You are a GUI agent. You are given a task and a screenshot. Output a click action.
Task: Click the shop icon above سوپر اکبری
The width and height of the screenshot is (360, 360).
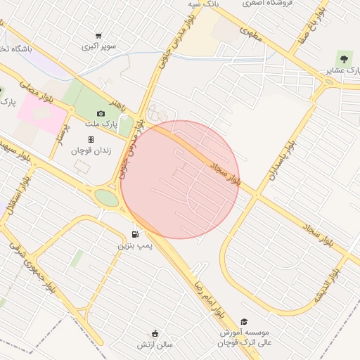pos(98,35)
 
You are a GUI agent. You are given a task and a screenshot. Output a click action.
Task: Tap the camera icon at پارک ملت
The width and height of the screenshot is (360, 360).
pos(101,113)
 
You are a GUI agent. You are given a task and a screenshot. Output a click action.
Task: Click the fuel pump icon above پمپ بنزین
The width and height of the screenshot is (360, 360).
pos(134,234)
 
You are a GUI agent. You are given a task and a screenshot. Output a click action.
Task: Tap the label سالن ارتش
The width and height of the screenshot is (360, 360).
pos(155,344)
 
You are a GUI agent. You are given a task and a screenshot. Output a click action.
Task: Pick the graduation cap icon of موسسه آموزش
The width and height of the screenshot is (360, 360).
pos(243,321)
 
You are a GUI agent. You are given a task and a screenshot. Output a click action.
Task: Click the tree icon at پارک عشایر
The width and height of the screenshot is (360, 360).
pos(343,57)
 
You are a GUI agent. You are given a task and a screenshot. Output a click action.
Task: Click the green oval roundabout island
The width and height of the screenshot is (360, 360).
pos(107,198)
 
